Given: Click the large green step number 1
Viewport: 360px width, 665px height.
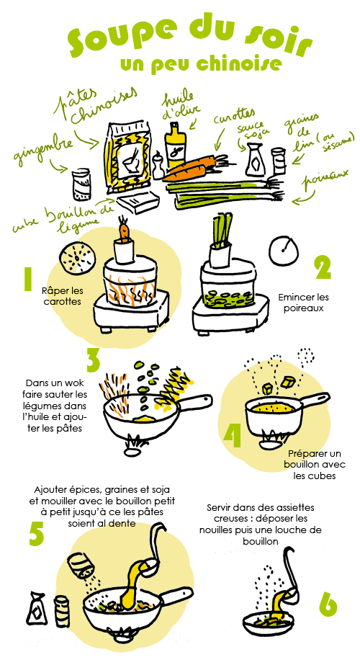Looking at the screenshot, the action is [28, 279].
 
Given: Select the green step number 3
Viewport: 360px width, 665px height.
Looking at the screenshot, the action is [92, 360].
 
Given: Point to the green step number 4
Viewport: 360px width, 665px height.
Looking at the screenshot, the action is [232, 434].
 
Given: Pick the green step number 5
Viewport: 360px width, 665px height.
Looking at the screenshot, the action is [37, 532].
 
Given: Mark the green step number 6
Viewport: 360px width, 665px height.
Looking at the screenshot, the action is [328, 604].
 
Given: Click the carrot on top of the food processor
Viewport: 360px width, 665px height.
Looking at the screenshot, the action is [125, 231].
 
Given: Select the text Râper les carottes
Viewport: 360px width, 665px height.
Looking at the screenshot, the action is [63, 296].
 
